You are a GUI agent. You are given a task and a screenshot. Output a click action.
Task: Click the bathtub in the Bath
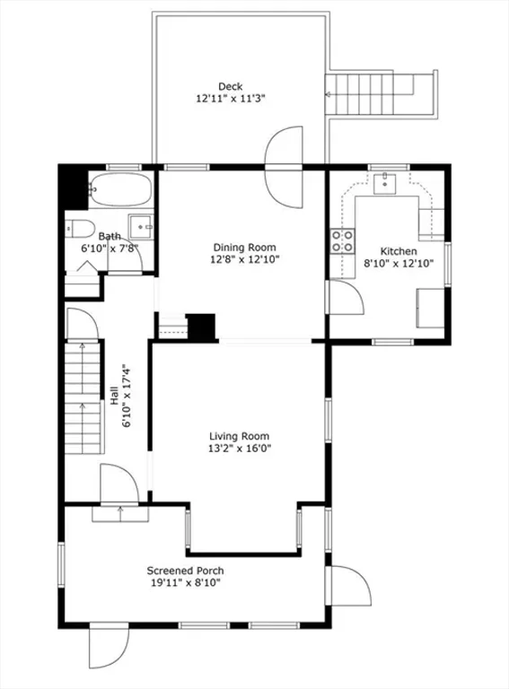[120, 189]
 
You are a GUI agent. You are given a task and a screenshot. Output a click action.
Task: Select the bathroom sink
[141, 227]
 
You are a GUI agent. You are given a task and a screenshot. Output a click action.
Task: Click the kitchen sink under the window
[384, 184]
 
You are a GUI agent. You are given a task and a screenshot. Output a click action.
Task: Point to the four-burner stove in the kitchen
[343, 241]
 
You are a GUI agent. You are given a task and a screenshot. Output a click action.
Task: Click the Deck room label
[231, 86]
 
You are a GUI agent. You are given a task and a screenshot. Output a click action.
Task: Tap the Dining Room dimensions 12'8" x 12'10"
[245, 259]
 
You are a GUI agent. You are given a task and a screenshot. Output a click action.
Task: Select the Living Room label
[239, 436]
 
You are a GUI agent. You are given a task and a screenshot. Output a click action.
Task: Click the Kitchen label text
[399, 251]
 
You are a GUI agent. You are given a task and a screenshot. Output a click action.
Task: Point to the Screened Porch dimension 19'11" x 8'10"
[186, 583]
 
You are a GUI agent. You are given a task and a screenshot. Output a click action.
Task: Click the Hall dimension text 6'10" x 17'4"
[127, 396]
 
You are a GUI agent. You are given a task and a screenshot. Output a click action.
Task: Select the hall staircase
[83, 397]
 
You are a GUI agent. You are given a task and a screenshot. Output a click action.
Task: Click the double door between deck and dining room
[285, 167]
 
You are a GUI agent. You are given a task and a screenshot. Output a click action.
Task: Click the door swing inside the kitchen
[347, 298]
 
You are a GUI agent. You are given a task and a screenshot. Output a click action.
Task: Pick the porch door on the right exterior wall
[351, 586]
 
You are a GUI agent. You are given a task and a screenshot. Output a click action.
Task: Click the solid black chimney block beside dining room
[201, 327]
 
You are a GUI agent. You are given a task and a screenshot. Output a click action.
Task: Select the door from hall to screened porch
[119, 484]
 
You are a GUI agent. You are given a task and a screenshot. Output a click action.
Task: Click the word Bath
[110, 237]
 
